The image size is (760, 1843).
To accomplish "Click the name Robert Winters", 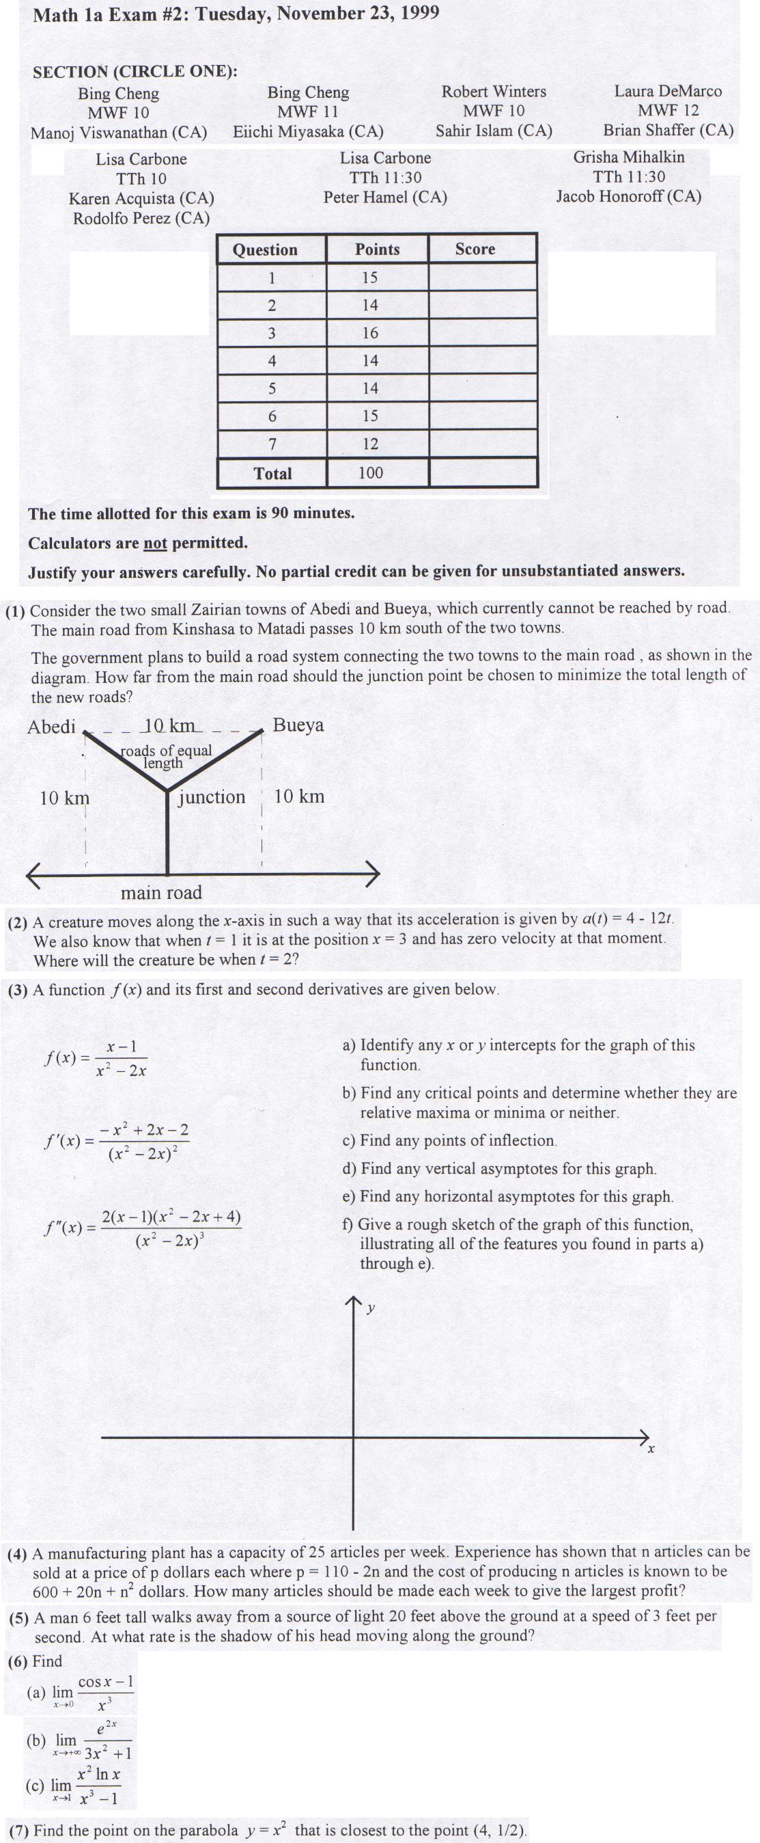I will (x=493, y=92).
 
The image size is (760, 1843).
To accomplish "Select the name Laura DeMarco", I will (x=668, y=91).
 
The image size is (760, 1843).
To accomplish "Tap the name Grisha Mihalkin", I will (x=628, y=157).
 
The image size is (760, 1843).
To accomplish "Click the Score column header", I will (x=475, y=249).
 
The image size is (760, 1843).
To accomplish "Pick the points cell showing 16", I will (x=369, y=333).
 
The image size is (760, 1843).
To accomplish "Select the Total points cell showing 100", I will (x=370, y=472).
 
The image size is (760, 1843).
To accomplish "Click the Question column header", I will (x=265, y=250).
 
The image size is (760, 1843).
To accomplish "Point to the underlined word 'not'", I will (x=155, y=543).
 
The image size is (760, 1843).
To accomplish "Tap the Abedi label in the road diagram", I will (x=51, y=727).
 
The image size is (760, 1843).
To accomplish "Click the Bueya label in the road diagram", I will (x=298, y=725).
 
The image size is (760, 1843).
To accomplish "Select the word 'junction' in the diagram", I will (x=212, y=797).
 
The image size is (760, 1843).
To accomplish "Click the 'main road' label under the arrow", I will (x=161, y=893).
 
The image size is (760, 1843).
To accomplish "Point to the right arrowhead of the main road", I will (x=373, y=874).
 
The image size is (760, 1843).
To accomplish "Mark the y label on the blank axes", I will (x=370, y=1308).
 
